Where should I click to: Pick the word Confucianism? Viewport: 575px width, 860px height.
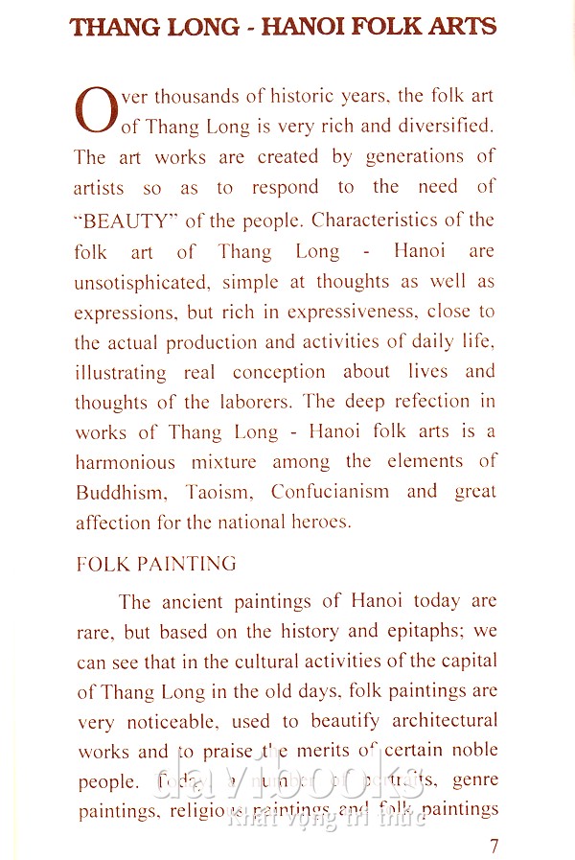pyautogui.click(x=330, y=492)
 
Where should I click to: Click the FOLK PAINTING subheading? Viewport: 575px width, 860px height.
pyautogui.click(x=155, y=564)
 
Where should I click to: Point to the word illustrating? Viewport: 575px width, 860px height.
pyautogui.click(x=121, y=372)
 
